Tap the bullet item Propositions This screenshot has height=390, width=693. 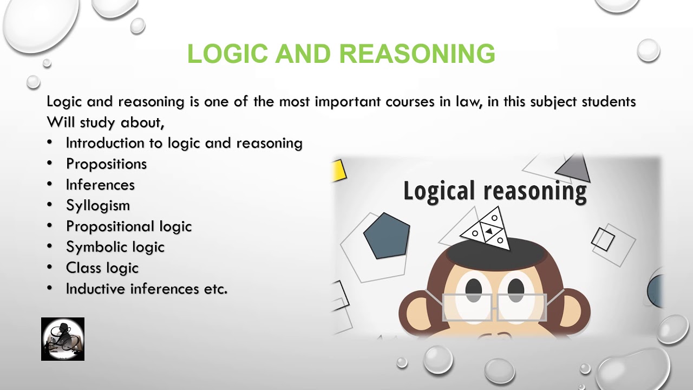tap(106, 164)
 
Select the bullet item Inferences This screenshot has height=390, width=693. tap(100, 185)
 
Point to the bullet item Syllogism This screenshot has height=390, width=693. tap(98, 205)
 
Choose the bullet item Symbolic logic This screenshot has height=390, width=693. tap(115, 247)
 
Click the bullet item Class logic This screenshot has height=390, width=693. tap(102, 268)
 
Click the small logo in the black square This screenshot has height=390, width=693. tap(63, 339)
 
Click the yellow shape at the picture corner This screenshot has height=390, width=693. tap(339, 170)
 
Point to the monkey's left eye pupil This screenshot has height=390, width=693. tap(474, 288)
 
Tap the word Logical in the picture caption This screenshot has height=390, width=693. tap(439, 191)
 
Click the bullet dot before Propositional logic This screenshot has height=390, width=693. tap(50, 226)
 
